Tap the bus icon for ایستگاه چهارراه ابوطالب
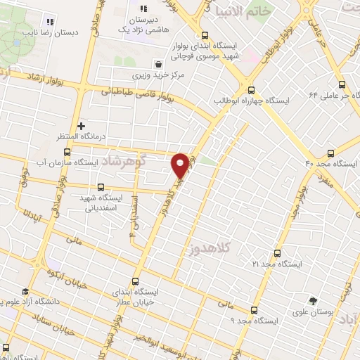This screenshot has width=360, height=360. (x=251, y=90)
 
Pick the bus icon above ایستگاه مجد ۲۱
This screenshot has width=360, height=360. (x=276, y=253)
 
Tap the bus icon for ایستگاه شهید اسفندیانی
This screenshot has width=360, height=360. (x=101, y=187)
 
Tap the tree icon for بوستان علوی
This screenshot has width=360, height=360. (x=314, y=300)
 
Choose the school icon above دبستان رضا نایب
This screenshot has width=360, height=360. (x=49, y=20)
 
